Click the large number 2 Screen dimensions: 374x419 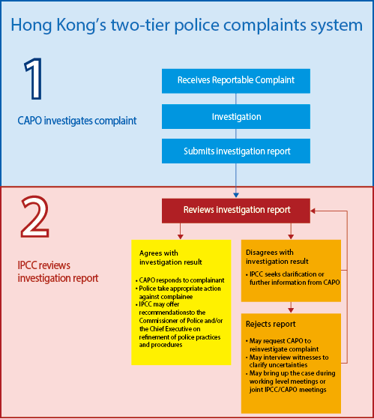coord(35,217)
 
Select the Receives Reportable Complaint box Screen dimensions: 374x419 coord(236,81)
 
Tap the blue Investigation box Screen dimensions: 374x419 coord(236,116)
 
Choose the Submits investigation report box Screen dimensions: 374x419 coord(236,151)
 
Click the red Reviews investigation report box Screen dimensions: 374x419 coord(236,211)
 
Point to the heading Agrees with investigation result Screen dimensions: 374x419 coord(170,258)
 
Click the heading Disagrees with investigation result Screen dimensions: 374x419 coord(277,257)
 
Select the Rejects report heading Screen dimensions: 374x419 coord(271,324)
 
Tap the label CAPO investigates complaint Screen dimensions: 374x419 coord(77,121)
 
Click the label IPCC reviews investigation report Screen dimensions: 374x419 coord(58,272)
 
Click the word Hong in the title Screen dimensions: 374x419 coord(31,25)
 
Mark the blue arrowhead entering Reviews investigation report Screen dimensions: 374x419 coord(236,196)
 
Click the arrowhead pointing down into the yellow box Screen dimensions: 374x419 coord(181,237)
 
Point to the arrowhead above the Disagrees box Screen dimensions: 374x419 coord(291,237)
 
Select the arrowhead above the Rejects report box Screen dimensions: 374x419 coord(291,310)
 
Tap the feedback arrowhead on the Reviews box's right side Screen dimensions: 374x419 coord(313,211)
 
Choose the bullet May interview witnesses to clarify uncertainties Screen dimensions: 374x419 coord(287,361)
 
